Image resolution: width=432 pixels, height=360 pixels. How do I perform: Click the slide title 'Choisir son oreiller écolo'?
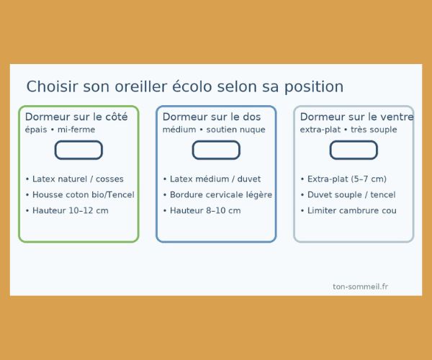(x=185, y=87)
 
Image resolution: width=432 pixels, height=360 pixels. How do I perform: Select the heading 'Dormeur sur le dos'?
(x=212, y=117)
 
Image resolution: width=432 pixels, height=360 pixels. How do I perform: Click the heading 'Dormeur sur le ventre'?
(x=356, y=117)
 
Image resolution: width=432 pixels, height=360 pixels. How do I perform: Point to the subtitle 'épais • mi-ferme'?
(x=60, y=130)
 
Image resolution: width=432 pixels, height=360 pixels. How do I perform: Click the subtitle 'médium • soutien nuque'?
(x=214, y=130)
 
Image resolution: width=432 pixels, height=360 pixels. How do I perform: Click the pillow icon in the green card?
(x=78, y=150)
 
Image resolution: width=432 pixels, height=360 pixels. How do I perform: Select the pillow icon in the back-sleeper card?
(x=216, y=150)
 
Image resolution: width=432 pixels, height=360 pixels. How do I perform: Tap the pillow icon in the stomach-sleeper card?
(x=354, y=150)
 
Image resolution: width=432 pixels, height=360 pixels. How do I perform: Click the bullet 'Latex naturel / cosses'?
(x=74, y=179)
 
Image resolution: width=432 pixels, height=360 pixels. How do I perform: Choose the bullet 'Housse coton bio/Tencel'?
(x=79, y=195)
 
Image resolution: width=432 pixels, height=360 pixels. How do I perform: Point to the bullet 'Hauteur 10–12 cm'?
(x=66, y=211)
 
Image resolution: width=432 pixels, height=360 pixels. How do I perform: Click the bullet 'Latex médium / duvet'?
(x=212, y=179)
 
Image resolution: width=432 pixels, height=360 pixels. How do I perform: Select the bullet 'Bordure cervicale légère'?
(x=217, y=195)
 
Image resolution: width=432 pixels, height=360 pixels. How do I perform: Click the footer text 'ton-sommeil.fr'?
(x=361, y=287)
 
